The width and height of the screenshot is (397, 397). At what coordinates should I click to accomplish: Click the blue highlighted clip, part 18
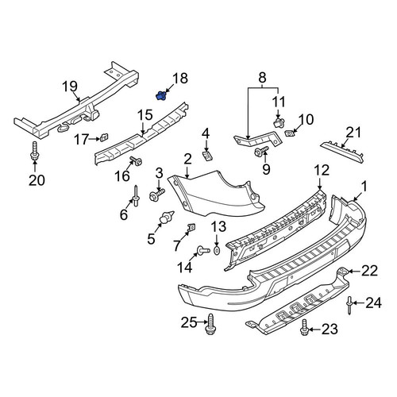(160, 96)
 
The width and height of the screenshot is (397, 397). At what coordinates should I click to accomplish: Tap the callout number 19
(70, 87)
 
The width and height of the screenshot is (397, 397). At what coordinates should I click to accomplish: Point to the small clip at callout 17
(105, 137)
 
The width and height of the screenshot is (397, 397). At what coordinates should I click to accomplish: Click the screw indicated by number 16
(136, 160)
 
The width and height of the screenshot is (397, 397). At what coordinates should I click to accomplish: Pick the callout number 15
(145, 115)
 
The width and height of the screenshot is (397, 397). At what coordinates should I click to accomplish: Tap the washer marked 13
(217, 250)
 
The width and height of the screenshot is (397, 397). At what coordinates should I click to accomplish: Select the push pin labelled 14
(203, 249)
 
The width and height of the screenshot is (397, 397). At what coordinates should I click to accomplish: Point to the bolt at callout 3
(156, 195)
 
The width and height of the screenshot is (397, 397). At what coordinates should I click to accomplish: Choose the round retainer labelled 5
(166, 218)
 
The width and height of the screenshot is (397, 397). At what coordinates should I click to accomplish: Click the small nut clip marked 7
(191, 227)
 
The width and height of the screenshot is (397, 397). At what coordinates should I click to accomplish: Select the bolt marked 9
(261, 151)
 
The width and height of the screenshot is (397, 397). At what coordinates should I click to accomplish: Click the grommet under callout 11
(278, 122)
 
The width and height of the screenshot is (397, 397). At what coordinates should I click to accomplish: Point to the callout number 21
(354, 133)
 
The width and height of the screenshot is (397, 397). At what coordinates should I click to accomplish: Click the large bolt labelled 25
(210, 324)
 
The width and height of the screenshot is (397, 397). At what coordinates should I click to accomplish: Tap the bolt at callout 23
(304, 328)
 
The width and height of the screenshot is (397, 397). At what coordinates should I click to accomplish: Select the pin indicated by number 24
(349, 305)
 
